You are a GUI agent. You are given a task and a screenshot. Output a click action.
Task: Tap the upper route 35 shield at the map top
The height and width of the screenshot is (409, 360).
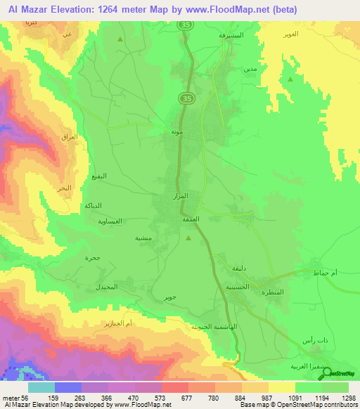click(186, 25)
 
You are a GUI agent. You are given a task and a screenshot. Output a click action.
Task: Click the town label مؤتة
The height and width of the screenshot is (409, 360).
click(177, 131)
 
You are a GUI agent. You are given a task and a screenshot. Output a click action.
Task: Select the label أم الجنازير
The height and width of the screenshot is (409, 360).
click(120, 323)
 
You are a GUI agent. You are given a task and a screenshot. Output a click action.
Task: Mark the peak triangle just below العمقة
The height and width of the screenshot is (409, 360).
click(188, 238)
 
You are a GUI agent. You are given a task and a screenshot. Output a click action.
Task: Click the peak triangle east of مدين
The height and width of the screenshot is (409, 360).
click(290, 79)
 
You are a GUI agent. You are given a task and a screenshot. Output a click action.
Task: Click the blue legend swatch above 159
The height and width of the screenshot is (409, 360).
click(67, 387)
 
